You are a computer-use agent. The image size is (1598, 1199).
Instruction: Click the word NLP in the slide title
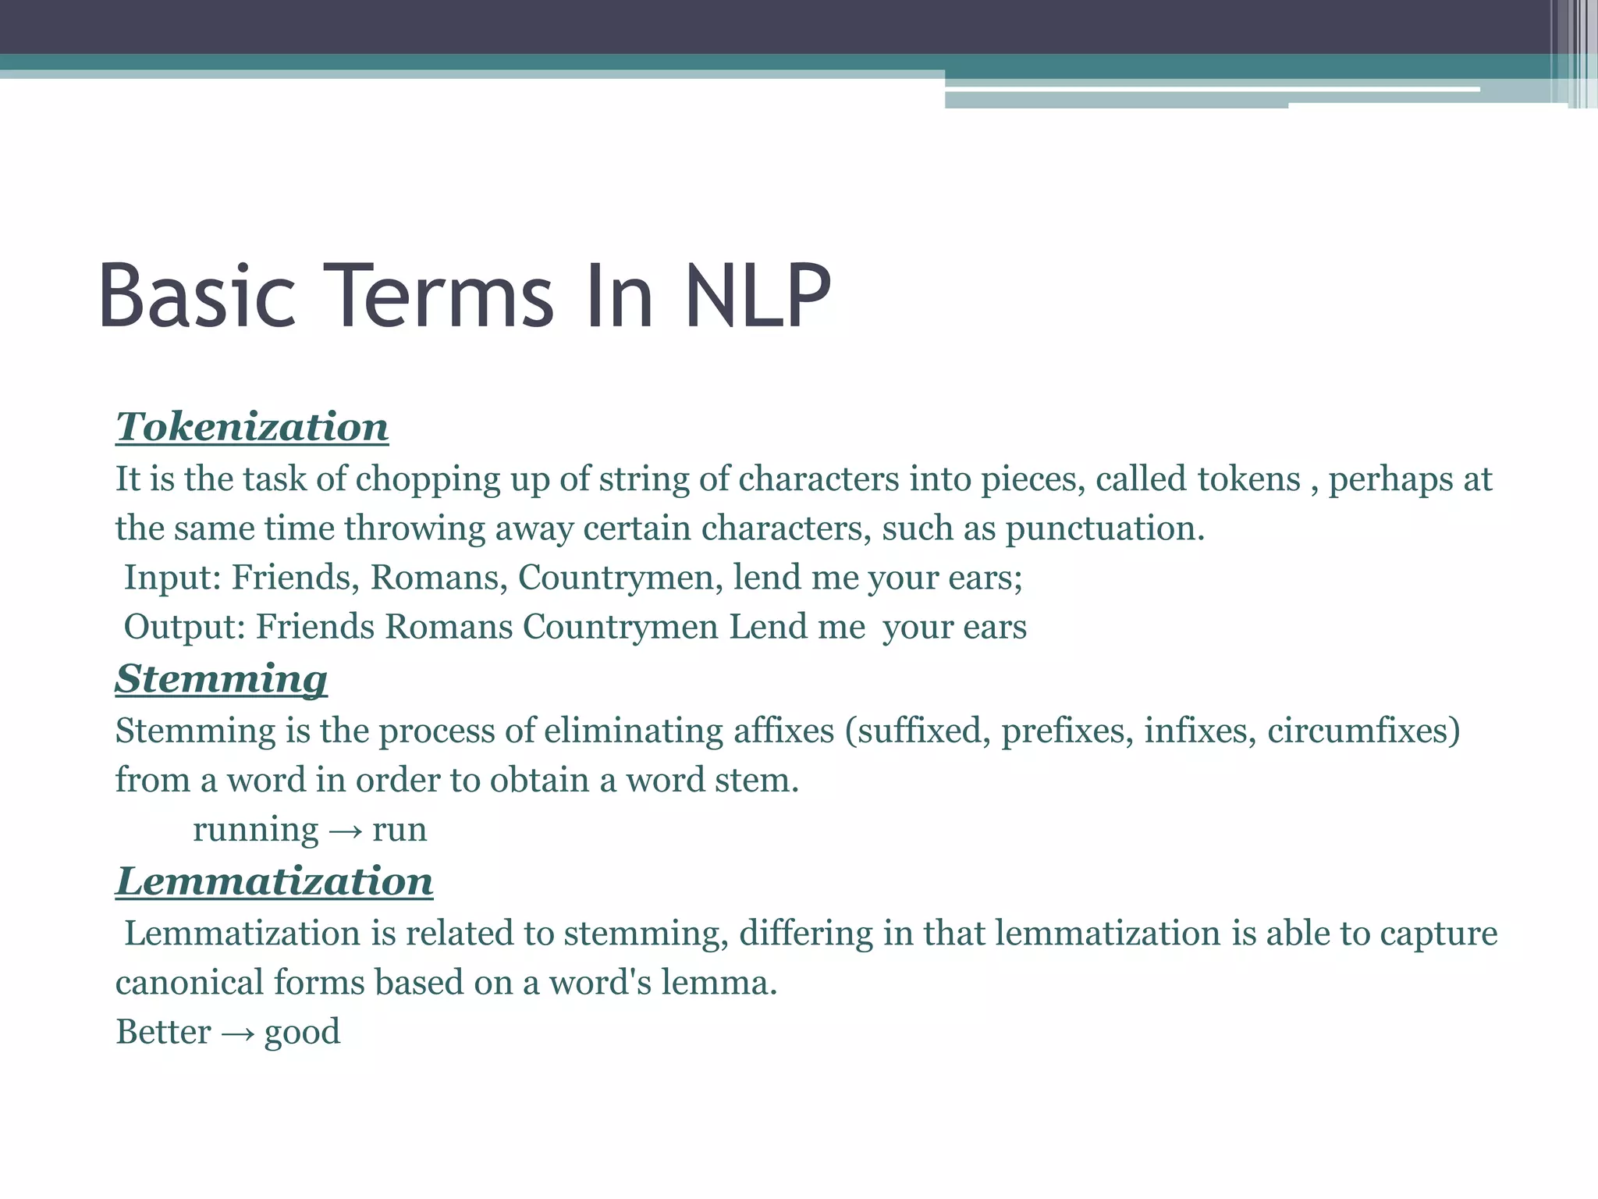pos(758,297)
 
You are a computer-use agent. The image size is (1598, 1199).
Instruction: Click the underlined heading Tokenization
pos(252,427)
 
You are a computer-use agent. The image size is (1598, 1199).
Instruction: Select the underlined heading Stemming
pos(222,679)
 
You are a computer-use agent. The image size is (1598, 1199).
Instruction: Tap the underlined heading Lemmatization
pos(275,881)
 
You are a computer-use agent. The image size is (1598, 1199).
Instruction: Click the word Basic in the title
pos(197,297)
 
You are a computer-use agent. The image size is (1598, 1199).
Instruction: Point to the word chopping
pos(428,480)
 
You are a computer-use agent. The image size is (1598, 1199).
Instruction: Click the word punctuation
pos(1104,528)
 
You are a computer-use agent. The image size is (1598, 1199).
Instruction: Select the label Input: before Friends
pos(173,578)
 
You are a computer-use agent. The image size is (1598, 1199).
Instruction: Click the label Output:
pos(186,628)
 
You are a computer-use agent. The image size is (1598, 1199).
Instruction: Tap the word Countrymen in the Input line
pos(620,578)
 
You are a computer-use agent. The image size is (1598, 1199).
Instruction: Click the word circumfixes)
pos(1363,731)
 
